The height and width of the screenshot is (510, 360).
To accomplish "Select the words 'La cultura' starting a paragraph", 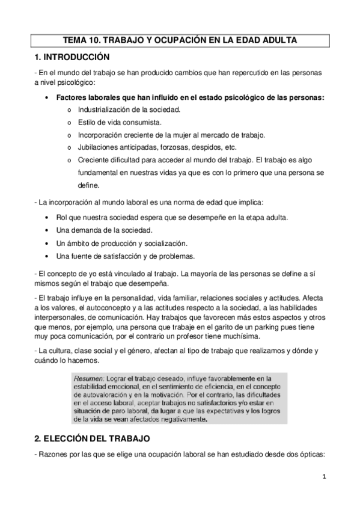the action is click(55, 350).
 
